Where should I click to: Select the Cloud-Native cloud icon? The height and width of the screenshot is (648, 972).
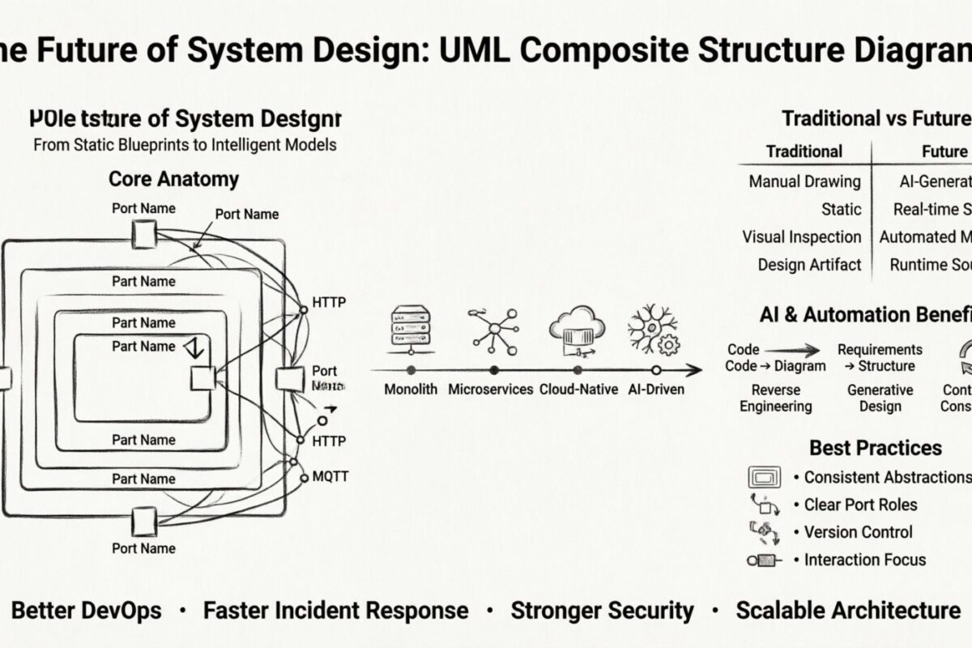click(x=577, y=327)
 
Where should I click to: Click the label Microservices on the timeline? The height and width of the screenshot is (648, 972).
click(x=491, y=389)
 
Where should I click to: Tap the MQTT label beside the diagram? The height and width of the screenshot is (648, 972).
click(x=330, y=476)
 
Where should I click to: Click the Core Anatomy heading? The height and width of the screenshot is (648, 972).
click(x=173, y=179)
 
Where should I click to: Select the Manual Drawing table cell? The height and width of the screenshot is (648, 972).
click(x=804, y=181)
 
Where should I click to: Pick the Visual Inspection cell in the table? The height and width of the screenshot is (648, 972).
click(x=802, y=237)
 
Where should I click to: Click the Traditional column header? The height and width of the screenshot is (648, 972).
click(x=804, y=151)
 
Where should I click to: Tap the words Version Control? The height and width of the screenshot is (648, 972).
click(x=858, y=532)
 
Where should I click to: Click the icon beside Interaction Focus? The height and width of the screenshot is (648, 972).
click(x=765, y=560)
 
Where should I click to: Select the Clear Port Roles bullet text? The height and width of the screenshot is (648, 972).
click(x=860, y=505)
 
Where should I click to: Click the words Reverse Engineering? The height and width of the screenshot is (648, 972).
click(x=775, y=398)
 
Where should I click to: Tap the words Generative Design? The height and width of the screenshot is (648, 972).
click(x=880, y=398)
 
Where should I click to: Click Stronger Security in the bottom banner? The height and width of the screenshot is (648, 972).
click(x=602, y=610)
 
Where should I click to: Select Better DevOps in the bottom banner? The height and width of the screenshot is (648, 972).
click(x=87, y=610)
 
